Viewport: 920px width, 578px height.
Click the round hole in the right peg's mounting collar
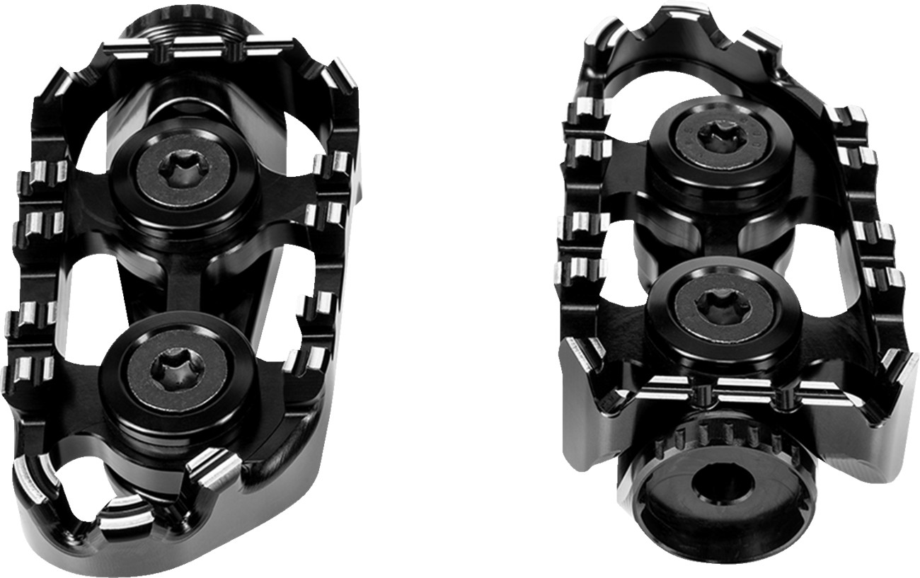721,485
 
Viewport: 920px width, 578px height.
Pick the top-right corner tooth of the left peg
340,78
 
